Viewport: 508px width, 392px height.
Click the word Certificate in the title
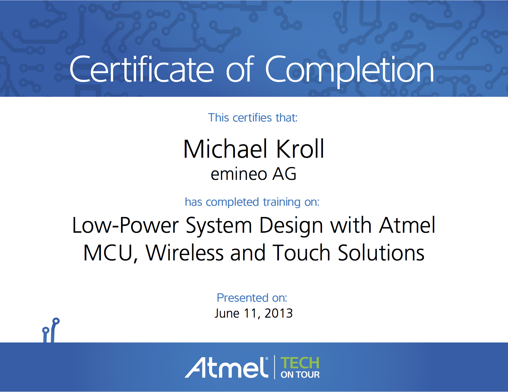click(142, 69)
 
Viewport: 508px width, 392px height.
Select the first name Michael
click(225, 149)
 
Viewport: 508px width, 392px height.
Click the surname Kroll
click(300, 149)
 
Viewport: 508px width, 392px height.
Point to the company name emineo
click(239, 174)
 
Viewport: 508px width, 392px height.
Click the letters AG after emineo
click(284, 174)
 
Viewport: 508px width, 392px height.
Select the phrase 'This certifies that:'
click(253, 117)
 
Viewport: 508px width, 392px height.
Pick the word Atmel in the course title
click(407, 225)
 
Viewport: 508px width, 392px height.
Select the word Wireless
click(185, 253)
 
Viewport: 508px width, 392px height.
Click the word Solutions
click(381, 253)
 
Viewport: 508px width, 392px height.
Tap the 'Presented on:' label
click(252, 298)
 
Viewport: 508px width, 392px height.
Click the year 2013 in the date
click(278, 313)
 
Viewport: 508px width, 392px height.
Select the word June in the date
click(227, 313)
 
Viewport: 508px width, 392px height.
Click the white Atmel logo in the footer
click(227, 367)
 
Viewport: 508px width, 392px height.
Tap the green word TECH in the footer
click(300, 363)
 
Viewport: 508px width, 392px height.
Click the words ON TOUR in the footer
click(300, 375)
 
